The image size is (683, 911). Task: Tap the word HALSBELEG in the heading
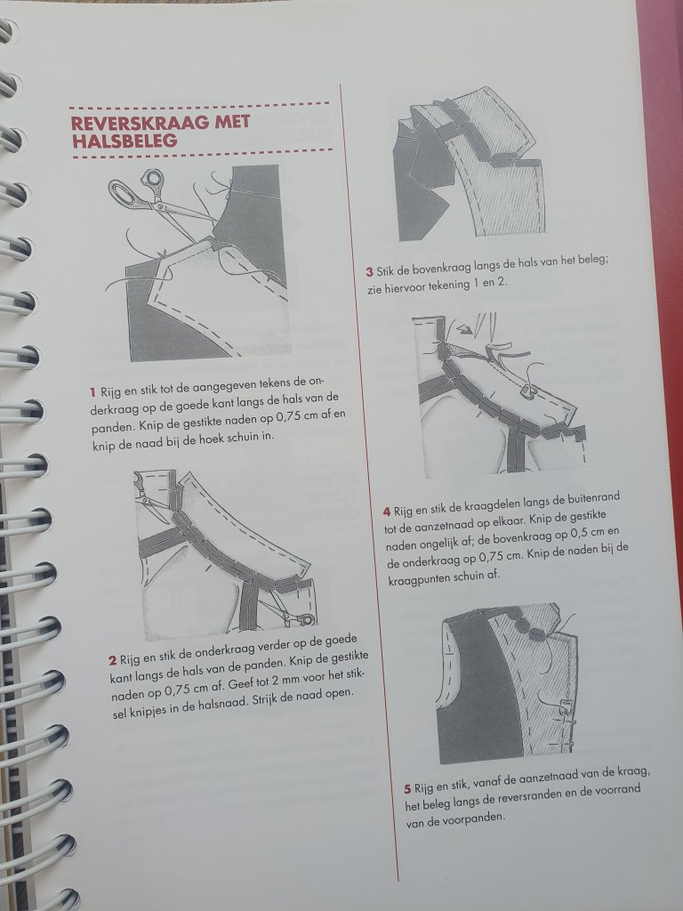tap(125, 141)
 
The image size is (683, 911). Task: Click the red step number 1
tap(92, 391)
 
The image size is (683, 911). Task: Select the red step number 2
tap(113, 661)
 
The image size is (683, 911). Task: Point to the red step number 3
tap(370, 271)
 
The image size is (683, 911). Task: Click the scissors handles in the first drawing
tap(134, 187)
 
